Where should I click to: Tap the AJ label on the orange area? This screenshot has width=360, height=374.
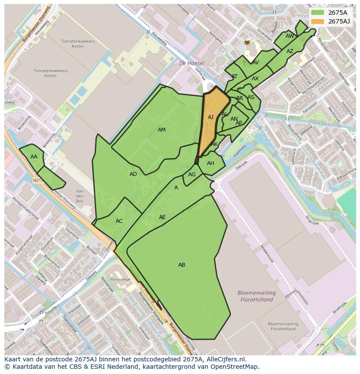(x=210, y=117)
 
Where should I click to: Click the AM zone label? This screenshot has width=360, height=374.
(x=162, y=130)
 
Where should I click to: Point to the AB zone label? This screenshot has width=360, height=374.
(x=182, y=265)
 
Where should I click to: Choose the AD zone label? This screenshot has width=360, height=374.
(x=133, y=174)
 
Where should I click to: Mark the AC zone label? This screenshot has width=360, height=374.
(x=119, y=221)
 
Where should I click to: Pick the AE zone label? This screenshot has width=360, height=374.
(x=162, y=217)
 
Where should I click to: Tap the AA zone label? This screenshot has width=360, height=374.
(x=34, y=157)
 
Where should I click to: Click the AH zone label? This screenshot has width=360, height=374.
(x=210, y=163)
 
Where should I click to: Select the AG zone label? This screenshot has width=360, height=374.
(x=192, y=175)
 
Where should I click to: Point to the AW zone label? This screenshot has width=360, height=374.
(x=290, y=36)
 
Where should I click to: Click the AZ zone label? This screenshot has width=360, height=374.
(x=290, y=51)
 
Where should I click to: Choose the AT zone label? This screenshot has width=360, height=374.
(x=234, y=76)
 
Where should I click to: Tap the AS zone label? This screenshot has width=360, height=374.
(x=250, y=97)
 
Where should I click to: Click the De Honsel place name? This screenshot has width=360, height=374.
(x=192, y=63)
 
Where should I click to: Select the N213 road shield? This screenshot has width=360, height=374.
(x=37, y=180)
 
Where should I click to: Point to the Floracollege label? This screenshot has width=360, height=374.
(x=120, y=279)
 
